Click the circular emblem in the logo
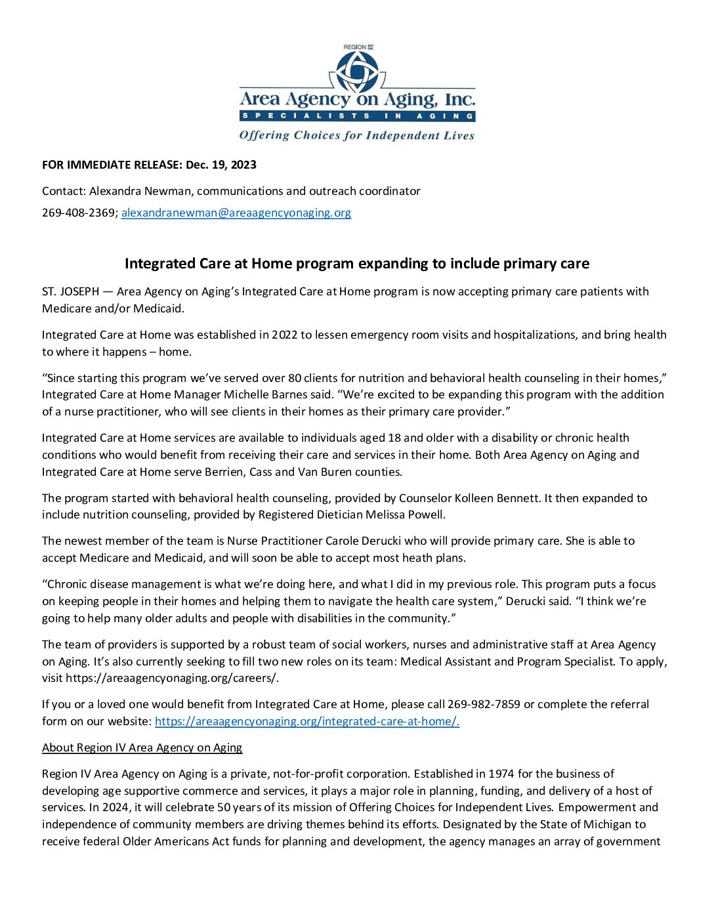357,71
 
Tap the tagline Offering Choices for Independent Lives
356,136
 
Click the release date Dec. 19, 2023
221,165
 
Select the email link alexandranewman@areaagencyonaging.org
236,213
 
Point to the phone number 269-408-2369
79,213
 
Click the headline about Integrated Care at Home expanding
357,264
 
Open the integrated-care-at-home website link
307,721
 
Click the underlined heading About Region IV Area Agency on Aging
142,747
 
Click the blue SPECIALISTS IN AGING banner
357,116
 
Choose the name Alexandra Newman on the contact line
140,191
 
